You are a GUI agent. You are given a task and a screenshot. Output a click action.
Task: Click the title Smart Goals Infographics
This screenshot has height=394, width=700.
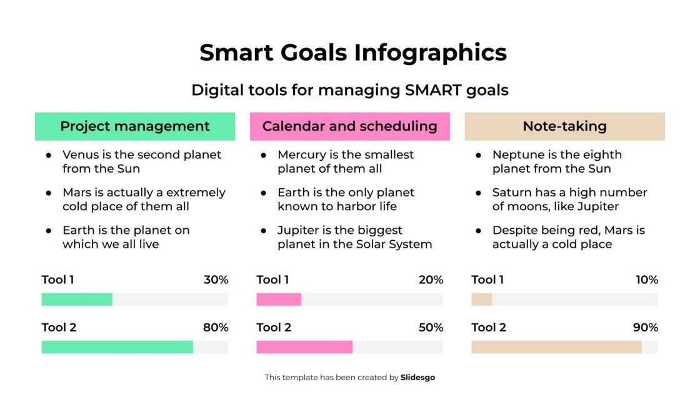pos(353,53)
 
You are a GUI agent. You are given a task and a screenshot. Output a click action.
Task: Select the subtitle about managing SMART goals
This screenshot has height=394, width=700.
pos(350,90)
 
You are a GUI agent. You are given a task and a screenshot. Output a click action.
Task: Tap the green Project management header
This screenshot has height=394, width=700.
pos(135,126)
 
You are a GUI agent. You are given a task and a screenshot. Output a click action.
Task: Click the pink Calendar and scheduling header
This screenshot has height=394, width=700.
pos(349,126)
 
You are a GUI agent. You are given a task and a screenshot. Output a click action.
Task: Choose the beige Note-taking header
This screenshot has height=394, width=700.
pos(564,126)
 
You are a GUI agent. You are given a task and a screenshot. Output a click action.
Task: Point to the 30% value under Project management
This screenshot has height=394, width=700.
pos(216,280)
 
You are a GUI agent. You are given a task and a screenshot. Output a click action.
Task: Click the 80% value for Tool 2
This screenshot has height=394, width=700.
pos(216,328)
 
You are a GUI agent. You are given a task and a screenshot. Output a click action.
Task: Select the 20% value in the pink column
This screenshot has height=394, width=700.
pos(431,280)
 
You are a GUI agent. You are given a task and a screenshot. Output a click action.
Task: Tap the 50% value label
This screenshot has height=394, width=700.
pos(431,328)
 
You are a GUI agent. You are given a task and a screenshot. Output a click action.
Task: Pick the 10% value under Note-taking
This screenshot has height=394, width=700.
pos(647,280)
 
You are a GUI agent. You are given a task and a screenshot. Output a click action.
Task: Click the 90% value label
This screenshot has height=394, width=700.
pos(646,328)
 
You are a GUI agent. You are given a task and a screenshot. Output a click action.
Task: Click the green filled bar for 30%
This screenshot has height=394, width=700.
pos(77,300)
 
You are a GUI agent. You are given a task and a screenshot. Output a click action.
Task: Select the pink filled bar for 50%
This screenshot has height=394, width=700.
pos(304,347)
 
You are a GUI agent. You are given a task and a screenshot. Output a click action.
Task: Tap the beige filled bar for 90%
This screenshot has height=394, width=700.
pos(556,347)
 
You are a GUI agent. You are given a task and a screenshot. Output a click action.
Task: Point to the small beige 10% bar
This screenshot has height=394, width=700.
pos(482,300)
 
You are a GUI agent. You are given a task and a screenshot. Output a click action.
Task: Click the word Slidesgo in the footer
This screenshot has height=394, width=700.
pos(417,378)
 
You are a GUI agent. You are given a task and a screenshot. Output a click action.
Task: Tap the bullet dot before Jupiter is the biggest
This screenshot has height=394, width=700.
pos(264,231)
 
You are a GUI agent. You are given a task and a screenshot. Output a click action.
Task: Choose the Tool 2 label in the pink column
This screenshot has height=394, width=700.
pos(274,328)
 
